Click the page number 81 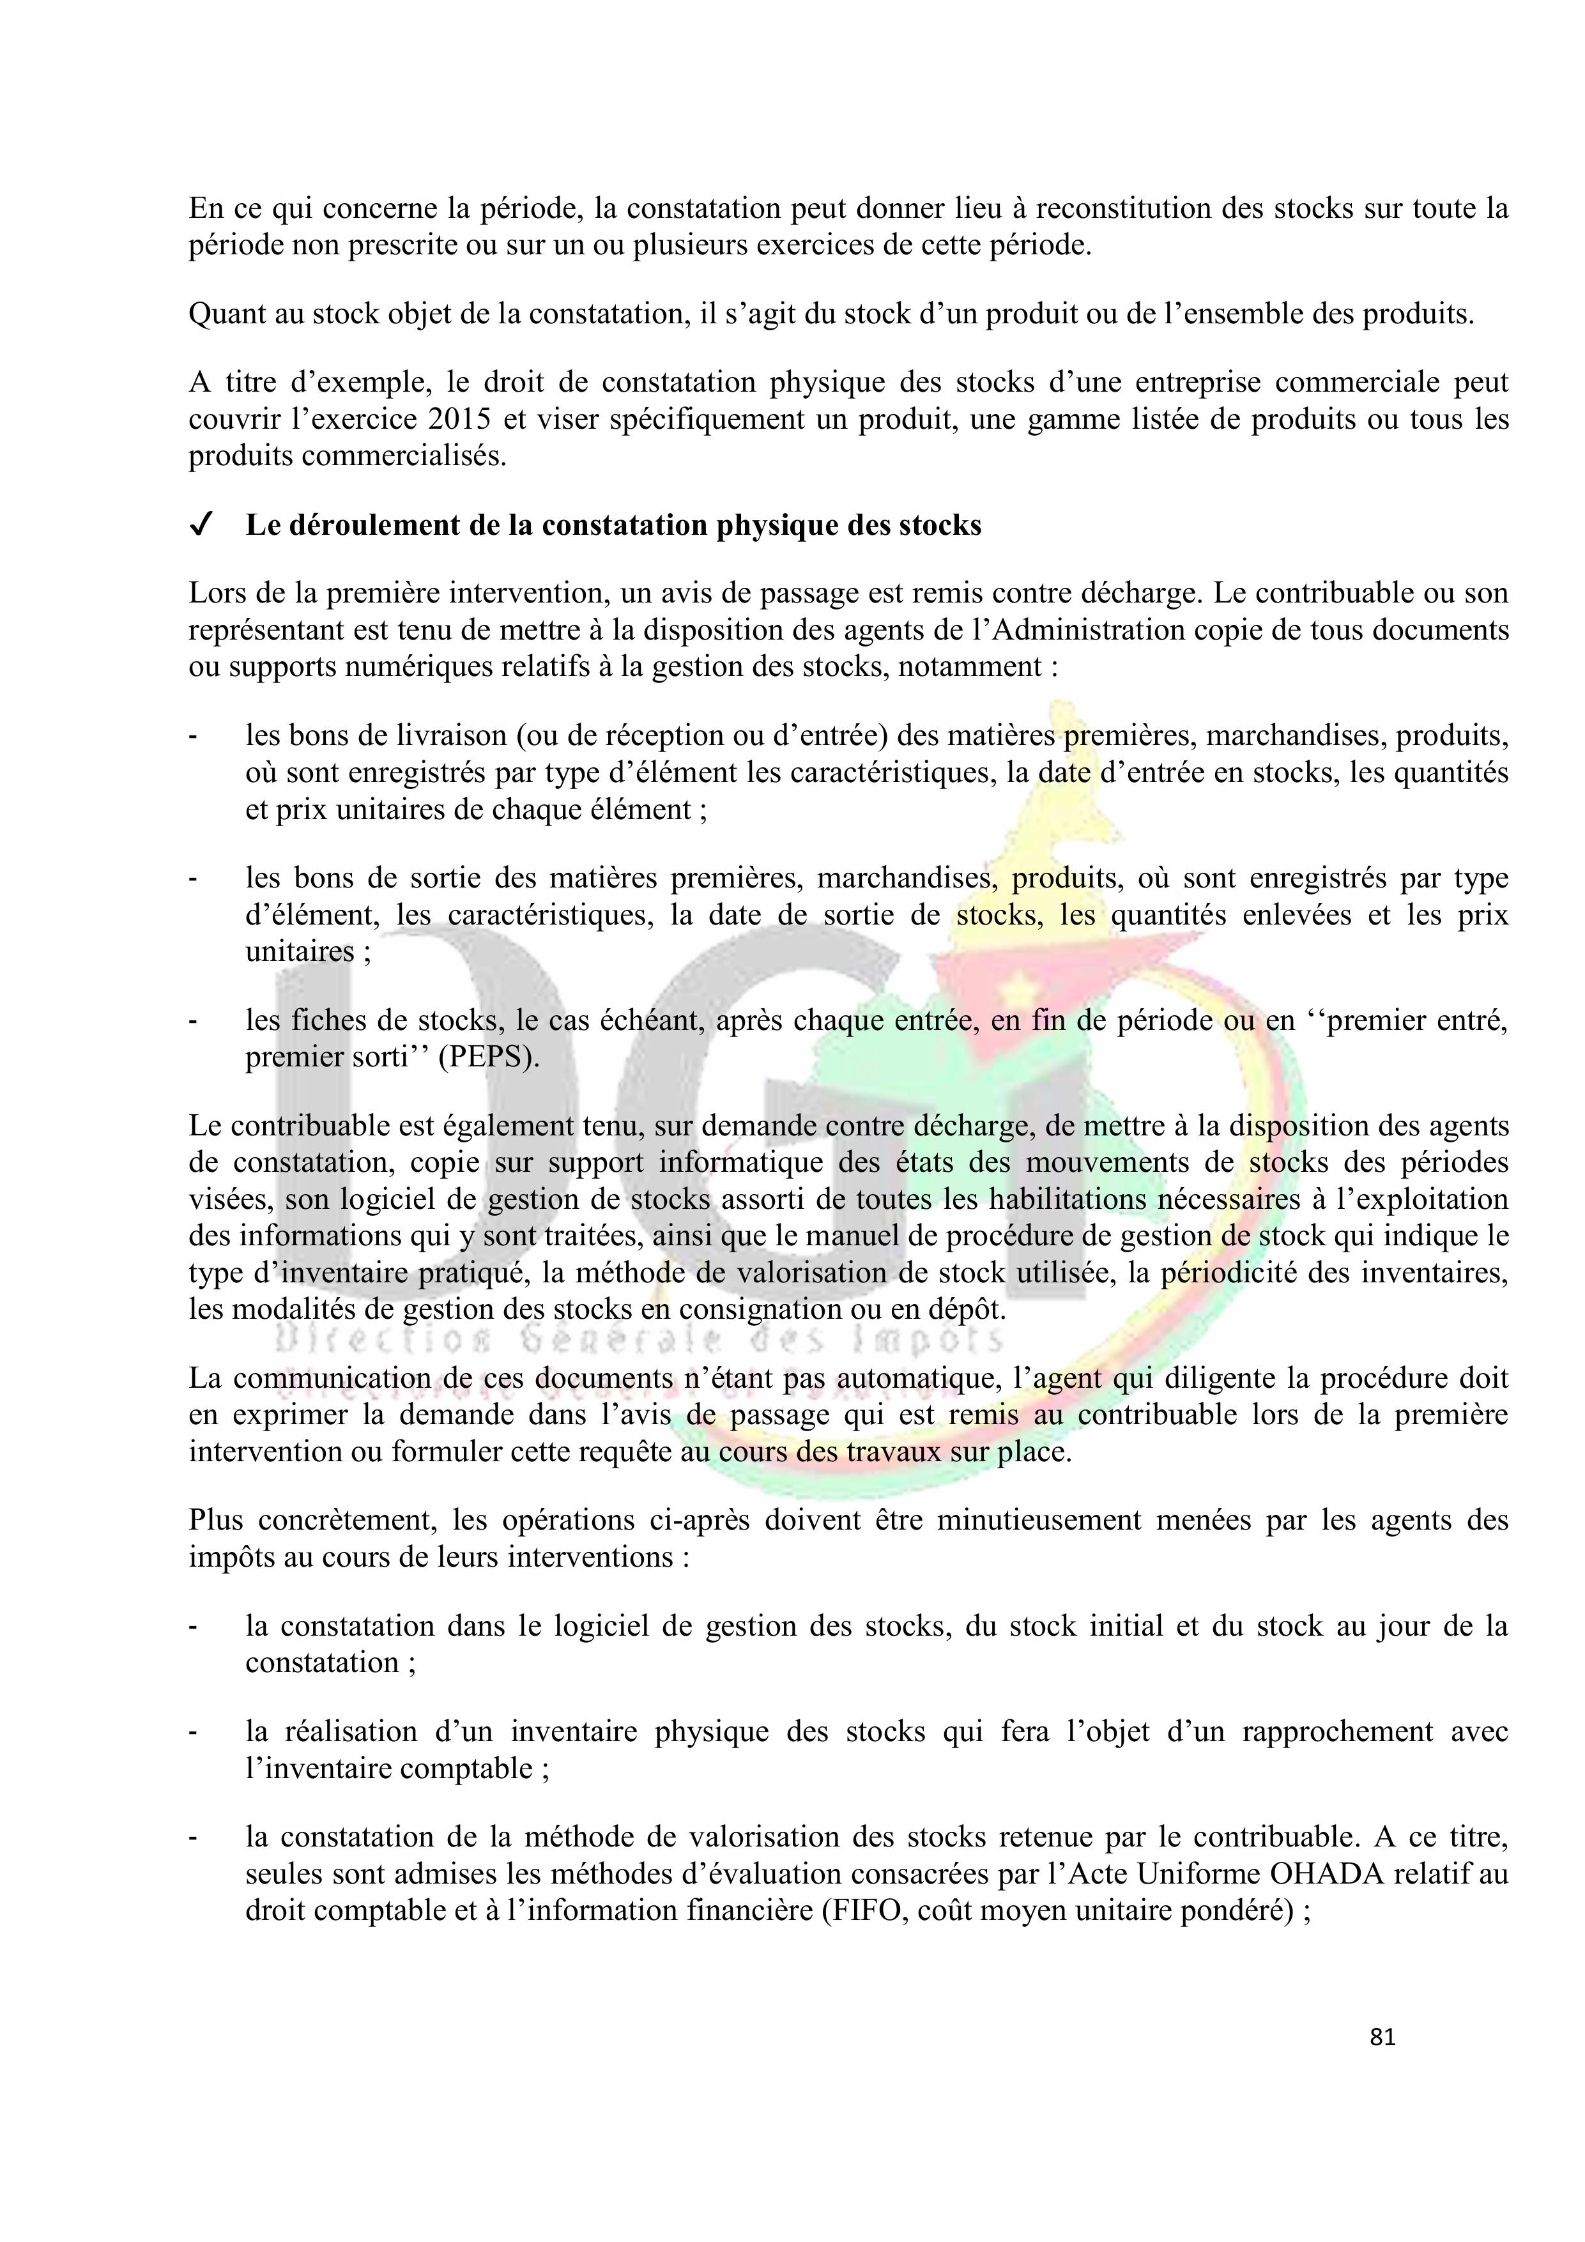[x=1382, y=2037]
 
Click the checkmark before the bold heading [x=199, y=526]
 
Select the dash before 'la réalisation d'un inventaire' [x=194, y=1732]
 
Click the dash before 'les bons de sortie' [x=194, y=879]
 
